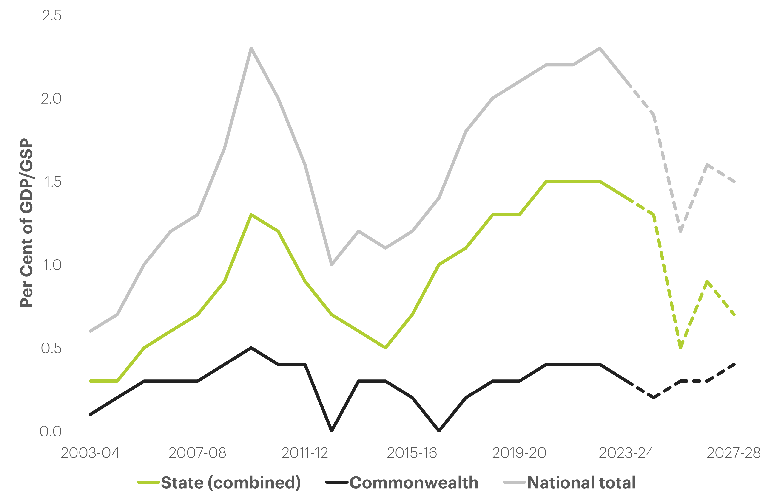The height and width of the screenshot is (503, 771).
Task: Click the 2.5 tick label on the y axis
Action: pyautogui.click(x=52, y=16)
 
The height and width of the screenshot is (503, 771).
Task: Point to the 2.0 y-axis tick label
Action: pyautogui.click(x=51, y=98)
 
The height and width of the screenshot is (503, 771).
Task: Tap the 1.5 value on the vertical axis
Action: pyautogui.click(x=52, y=182)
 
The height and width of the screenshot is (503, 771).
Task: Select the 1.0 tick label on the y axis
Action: pyautogui.click(x=52, y=265)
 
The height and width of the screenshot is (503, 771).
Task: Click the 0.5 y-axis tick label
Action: pyautogui.click(x=51, y=348)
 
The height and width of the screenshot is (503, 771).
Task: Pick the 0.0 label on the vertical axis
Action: pyautogui.click(x=51, y=431)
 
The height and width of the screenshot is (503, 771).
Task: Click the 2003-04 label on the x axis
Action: pyautogui.click(x=90, y=453)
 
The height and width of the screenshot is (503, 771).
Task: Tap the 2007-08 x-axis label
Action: pyautogui.click(x=197, y=453)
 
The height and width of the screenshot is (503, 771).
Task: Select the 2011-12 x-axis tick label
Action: pyautogui.click(x=305, y=453)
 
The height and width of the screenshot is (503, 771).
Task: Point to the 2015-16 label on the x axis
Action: pyautogui.click(x=412, y=453)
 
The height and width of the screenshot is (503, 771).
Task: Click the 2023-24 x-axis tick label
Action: pyautogui.click(x=626, y=453)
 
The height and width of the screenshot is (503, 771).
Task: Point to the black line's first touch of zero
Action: pyautogui.click(x=332, y=430)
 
